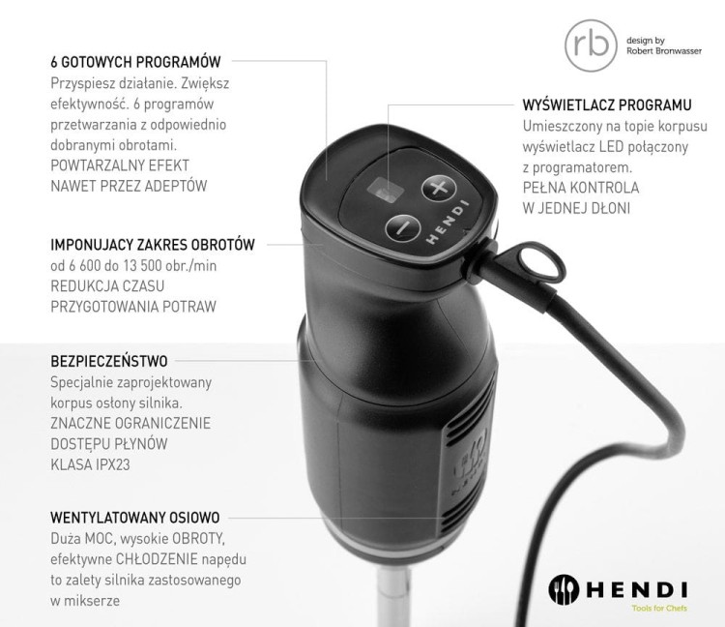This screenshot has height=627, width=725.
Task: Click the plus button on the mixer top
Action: pos(440,186)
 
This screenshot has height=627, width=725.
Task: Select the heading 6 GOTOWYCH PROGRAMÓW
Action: pos(136,61)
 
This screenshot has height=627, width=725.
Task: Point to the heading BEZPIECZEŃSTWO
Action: pos(109,361)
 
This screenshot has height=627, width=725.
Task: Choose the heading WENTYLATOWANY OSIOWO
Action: pos(135,518)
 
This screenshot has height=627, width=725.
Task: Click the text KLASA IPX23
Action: pos(90,464)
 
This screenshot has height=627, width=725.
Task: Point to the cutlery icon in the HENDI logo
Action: pos(566,588)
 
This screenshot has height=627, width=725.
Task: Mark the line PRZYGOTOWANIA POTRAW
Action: pos(133,306)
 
